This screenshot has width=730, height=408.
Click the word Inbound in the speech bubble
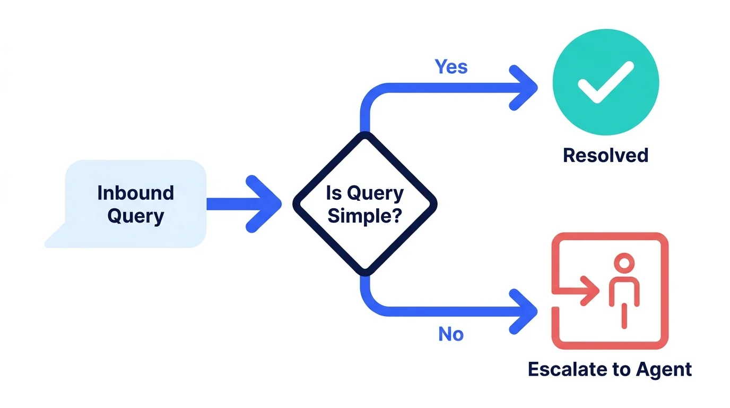pyautogui.click(x=136, y=192)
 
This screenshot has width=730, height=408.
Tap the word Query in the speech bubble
pyautogui.click(x=136, y=216)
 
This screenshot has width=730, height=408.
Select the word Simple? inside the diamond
pyautogui.click(x=364, y=216)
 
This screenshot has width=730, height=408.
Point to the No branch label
pyautogui.click(x=451, y=334)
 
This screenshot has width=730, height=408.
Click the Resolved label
pyautogui.click(x=605, y=155)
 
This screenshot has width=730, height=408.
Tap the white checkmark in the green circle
pyautogui.click(x=605, y=82)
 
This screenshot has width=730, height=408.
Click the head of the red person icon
pyautogui.click(x=624, y=263)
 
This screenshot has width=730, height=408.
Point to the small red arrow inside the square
pyautogui.click(x=579, y=291)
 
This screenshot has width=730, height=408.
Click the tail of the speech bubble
pyautogui.click(x=55, y=236)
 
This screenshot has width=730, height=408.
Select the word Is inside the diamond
pyautogui.click(x=334, y=192)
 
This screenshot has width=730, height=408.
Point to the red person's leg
pyautogui.click(x=624, y=316)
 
